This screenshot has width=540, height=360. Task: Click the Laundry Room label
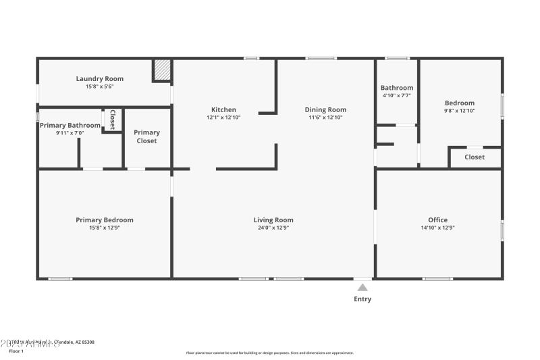tap(99, 79)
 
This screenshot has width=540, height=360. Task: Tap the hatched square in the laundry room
tap(162, 70)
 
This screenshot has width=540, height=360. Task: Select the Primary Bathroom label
tap(70, 125)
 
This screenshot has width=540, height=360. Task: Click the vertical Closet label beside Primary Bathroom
tap(112, 119)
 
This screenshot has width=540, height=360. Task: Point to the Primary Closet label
tap(146, 136)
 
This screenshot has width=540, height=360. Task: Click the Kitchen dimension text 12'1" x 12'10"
tap(223, 118)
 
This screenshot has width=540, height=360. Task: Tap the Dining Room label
tap(325, 109)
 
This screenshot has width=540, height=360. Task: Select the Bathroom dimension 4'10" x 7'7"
tap(396, 96)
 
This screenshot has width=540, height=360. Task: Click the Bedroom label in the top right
tap(459, 103)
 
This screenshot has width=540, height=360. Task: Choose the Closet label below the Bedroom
tap(475, 157)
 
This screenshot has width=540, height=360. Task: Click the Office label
tap(437, 220)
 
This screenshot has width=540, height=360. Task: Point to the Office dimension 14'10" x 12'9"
tap(437, 228)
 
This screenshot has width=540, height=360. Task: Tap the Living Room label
tap(273, 220)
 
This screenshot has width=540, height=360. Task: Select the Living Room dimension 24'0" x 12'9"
tap(273, 228)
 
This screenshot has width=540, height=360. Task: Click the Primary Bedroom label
tap(104, 220)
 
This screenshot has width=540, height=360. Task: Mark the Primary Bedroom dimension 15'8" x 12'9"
tap(104, 228)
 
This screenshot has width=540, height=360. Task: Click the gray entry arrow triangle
tap(362, 287)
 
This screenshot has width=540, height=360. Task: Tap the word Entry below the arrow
tap(362, 299)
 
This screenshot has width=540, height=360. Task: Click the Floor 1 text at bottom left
tap(16, 351)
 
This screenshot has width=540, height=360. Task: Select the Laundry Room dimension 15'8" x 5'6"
tap(99, 86)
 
